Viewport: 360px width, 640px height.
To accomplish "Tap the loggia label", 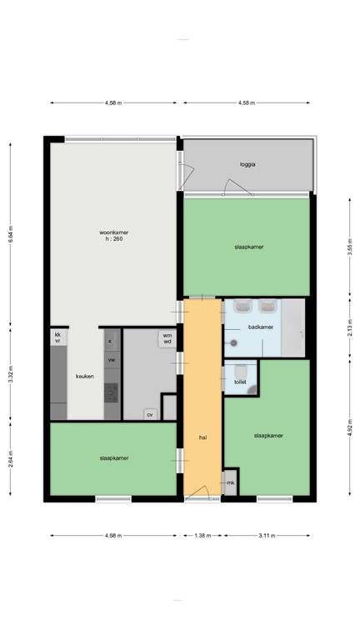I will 247,164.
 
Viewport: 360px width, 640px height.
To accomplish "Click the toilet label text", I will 240,381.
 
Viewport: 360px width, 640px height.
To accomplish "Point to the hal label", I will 202,437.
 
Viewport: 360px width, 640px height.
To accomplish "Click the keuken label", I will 85,376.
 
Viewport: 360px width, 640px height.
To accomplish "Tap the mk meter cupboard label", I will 231,482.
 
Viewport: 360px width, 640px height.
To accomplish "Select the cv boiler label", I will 150,413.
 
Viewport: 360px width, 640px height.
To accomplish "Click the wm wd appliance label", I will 167,338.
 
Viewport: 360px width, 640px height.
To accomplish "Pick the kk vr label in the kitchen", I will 58,338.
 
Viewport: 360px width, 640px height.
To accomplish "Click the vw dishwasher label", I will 111,359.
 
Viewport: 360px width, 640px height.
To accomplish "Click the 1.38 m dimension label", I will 202,535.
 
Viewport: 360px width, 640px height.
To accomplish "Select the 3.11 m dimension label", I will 267,535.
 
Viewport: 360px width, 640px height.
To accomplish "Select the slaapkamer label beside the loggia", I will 249,247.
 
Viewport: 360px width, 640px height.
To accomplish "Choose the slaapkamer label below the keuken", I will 113,457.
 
